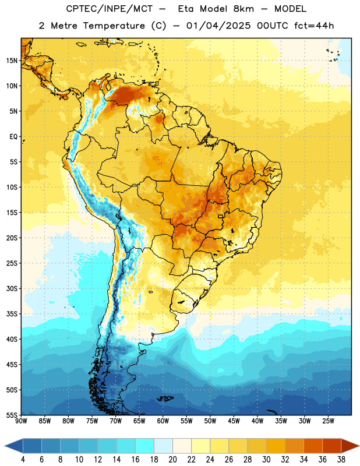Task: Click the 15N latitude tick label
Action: coord(12,61)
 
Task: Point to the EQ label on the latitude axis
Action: coord(13,137)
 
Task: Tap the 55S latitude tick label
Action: coord(12,415)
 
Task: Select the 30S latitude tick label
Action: coord(12,288)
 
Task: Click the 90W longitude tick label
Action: coord(21,421)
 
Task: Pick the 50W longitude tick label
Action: coord(210,421)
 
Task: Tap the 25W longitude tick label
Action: coord(328,421)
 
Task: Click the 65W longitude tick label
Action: coord(139,421)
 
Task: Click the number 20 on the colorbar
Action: coord(172,460)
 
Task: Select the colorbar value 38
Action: coord(341,460)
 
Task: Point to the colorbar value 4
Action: coord(23,460)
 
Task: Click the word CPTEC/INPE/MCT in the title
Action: coord(110,9)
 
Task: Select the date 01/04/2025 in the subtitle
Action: coord(218,26)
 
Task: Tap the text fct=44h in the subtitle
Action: coord(314,26)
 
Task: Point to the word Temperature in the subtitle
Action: coord(114,26)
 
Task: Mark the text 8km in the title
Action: coord(243,9)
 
